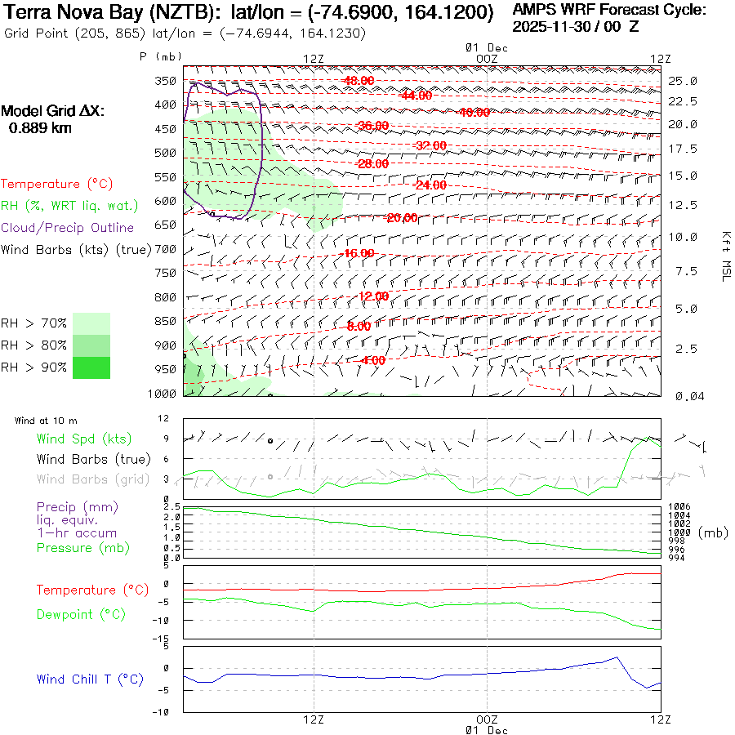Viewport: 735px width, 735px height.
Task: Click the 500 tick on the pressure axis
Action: pos(166,153)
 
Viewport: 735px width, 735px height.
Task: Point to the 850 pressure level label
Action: pos(166,321)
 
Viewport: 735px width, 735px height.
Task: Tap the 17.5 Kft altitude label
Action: pos(683,149)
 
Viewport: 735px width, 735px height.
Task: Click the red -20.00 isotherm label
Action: pos(402,218)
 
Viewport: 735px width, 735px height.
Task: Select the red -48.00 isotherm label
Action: pos(359,80)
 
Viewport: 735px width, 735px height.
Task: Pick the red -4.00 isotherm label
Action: pos(372,360)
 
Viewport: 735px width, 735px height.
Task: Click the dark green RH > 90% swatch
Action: pos(91,367)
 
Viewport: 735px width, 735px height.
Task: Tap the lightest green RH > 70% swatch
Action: pos(91,323)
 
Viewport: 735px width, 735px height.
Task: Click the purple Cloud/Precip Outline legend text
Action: pos(68,228)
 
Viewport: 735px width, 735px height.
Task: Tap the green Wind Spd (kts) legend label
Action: pos(84,439)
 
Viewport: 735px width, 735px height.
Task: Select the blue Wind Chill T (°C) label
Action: pos(90,679)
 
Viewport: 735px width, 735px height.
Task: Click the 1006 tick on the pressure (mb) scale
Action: pos(679,507)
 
